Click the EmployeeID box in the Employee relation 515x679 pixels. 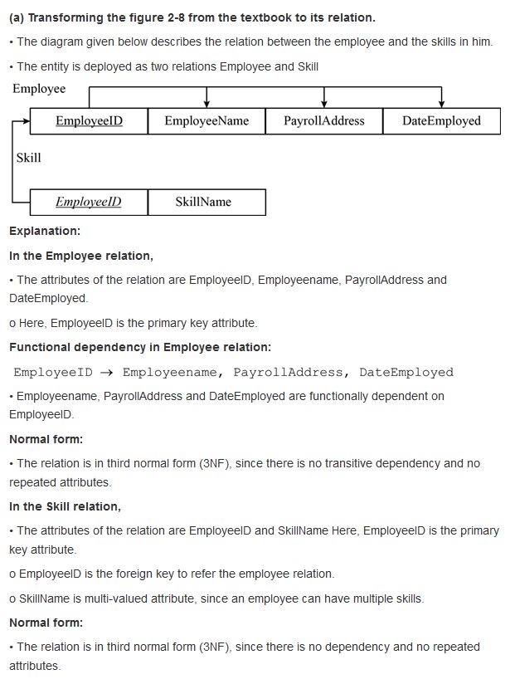(89, 121)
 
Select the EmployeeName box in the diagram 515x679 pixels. (206, 121)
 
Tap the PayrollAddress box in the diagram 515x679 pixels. (323, 121)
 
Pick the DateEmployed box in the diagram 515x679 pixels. (441, 121)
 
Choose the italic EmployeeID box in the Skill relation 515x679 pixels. (89, 202)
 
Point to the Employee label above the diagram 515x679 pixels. (39, 89)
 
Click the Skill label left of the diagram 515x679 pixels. (28, 158)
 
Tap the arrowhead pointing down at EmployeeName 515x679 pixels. (206, 103)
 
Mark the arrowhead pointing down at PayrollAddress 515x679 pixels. (323, 103)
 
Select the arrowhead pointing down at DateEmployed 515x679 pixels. (441, 103)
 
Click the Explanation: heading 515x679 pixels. (45, 231)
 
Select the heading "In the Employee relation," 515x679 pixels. (81, 256)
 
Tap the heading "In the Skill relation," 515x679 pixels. (65, 506)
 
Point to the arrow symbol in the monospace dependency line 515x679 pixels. (107, 372)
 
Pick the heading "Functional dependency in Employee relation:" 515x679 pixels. (140, 347)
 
